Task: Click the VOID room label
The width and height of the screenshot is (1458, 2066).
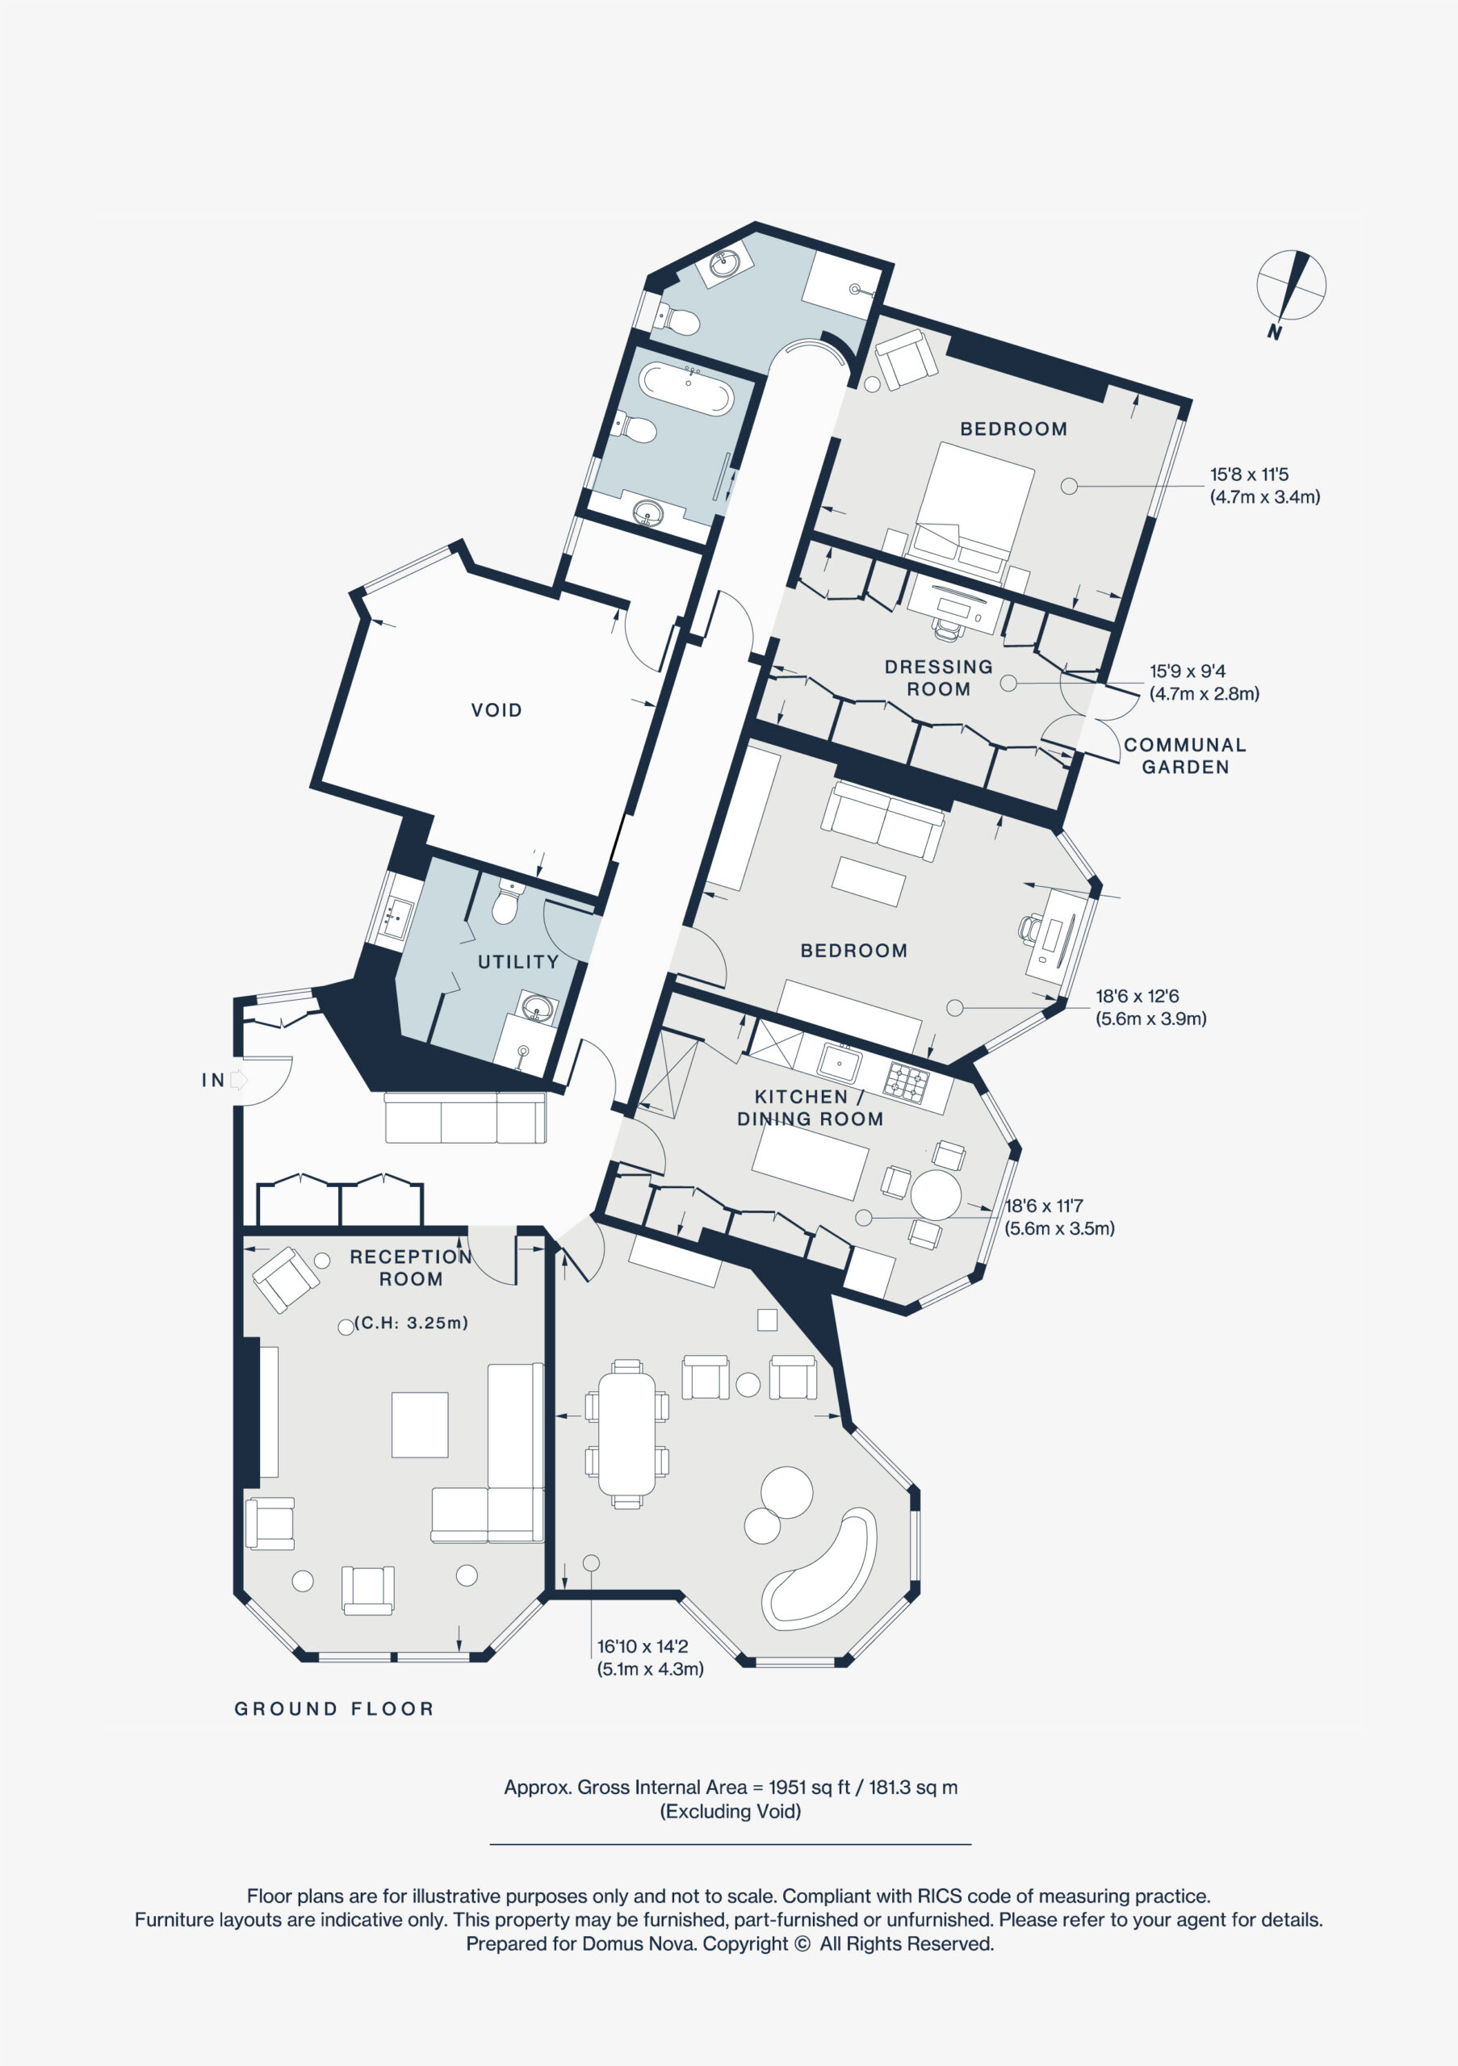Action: pos(496,710)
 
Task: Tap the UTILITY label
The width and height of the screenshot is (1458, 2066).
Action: pos(517,962)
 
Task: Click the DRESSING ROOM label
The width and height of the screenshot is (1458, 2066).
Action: pos(938,678)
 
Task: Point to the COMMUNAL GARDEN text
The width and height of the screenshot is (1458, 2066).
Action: pos(1184,756)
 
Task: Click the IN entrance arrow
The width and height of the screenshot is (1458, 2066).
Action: pos(237,1079)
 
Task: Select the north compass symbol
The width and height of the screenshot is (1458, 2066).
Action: pos(1291,286)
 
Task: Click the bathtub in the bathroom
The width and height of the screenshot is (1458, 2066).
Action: pos(685,389)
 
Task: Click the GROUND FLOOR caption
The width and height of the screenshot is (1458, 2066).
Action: pos(334,1708)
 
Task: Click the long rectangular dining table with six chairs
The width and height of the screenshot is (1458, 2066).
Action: pos(627,1434)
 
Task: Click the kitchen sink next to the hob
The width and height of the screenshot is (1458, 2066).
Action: pos(840,1064)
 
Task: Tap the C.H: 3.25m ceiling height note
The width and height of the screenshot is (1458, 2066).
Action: pos(411,1323)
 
